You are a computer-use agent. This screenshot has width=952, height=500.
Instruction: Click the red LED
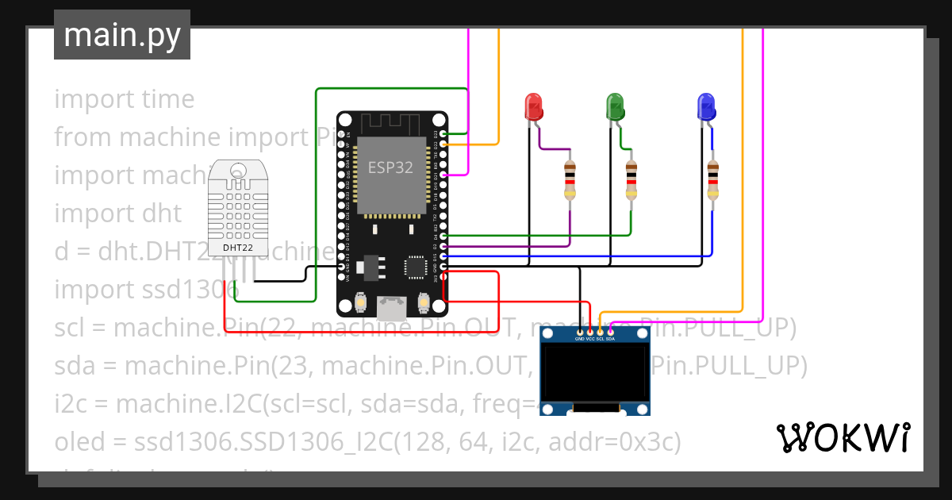pos(533,106)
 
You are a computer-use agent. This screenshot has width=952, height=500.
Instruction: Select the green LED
pos(615,106)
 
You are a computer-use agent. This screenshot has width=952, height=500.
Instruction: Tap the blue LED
pos(705,106)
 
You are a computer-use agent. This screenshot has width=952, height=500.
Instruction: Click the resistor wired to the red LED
pos(570,180)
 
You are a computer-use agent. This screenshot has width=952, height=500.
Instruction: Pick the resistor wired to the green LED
pos(631,180)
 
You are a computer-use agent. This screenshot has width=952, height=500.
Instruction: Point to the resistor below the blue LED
pos(712,180)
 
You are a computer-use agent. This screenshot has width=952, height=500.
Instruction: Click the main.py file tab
pos(121,35)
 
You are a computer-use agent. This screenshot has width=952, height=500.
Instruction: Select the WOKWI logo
pos(843,437)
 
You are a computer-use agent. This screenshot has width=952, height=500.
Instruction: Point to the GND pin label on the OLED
pos(579,338)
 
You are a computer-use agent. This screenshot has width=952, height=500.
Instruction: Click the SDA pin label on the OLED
pos(610,338)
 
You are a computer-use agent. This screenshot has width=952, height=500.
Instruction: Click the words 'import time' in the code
pos(124,99)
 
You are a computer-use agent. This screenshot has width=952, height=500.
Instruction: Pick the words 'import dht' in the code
pos(117,213)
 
